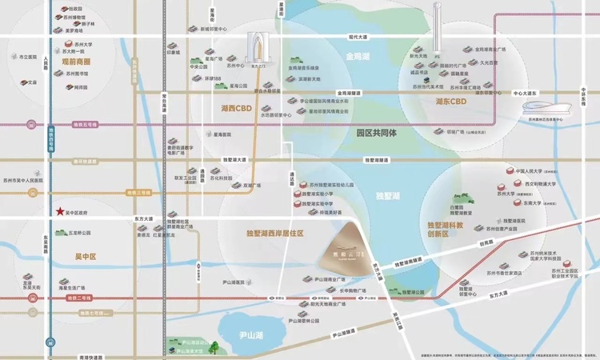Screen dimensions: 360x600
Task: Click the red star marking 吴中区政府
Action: [60, 211]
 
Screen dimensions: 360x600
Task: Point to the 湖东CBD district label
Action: [450, 102]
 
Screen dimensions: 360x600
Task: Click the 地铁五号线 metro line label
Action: [85, 124]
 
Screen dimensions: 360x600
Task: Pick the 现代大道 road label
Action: [357, 37]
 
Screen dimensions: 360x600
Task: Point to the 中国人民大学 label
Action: [530, 170]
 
